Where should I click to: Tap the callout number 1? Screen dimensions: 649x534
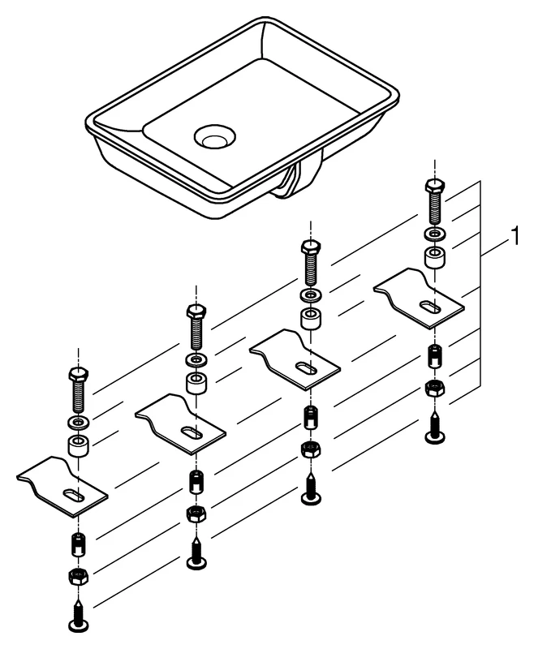[x=513, y=237]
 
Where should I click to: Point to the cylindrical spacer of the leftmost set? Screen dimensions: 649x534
[x=78, y=447]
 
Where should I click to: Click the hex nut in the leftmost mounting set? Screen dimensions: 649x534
[x=78, y=577]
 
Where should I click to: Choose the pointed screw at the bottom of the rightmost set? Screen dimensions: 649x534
[x=435, y=428]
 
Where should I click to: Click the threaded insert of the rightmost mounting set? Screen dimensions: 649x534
[x=435, y=355]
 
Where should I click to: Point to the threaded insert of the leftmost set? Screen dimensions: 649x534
[x=78, y=544]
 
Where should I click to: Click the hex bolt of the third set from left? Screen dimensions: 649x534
[x=311, y=263]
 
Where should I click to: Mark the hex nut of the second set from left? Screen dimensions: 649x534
[x=195, y=513]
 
